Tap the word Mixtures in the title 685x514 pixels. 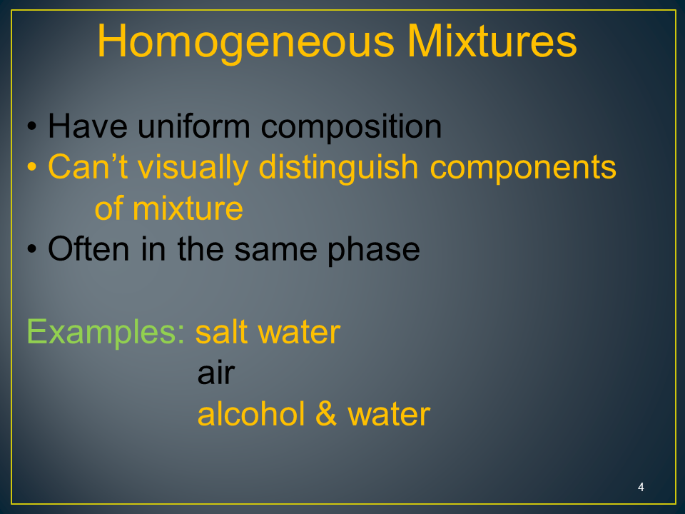pyautogui.click(x=492, y=41)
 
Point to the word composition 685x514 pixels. pyautogui.click(x=351, y=128)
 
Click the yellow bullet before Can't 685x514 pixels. pyautogui.click(x=31, y=167)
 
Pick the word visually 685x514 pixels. pyautogui.click(x=193, y=168)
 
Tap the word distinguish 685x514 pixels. pyautogui.click(x=338, y=168)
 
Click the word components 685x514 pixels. pyautogui.click(x=523, y=168)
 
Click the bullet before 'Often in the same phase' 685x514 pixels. pyautogui.click(x=31, y=249)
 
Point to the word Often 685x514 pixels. pyautogui.click(x=88, y=248)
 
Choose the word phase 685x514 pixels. pyautogui.click(x=373, y=250)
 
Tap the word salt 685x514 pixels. pyautogui.click(x=221, y=333)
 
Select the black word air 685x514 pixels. pyautogui.click(x=216, y=373)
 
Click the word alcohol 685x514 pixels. pyautogui.click(x=251, y=413)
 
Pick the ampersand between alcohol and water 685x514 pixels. pyautogui.click(x=326, y=413)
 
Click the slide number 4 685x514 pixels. pyautogui.click(x=641, y=487)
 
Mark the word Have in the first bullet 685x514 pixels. pyautogui.click(x=88, y=126)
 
